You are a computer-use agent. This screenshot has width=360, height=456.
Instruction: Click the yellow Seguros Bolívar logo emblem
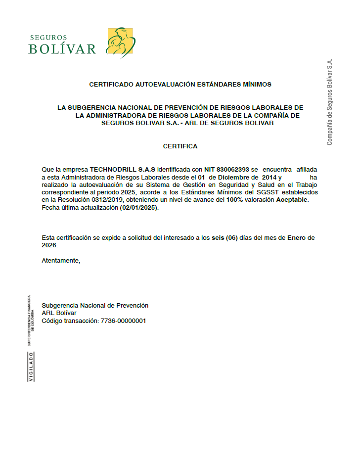point(121,43)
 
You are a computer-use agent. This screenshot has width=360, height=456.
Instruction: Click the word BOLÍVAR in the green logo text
point(62,49)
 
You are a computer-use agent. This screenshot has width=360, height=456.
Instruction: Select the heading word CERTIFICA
point(180,146)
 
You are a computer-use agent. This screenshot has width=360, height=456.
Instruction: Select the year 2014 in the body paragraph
point(269,177)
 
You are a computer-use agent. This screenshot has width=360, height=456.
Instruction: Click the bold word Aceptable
point(292,199)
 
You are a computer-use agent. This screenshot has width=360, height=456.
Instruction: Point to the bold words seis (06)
point(225,238)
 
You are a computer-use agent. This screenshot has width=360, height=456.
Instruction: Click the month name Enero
point(297,238)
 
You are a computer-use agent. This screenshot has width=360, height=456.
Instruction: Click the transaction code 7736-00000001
point(123,320)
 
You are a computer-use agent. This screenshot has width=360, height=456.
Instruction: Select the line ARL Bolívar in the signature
point(59,313)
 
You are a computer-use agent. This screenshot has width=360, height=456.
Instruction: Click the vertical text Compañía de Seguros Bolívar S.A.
point(329,102)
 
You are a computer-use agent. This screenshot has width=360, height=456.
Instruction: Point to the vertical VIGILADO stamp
point(32,366)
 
